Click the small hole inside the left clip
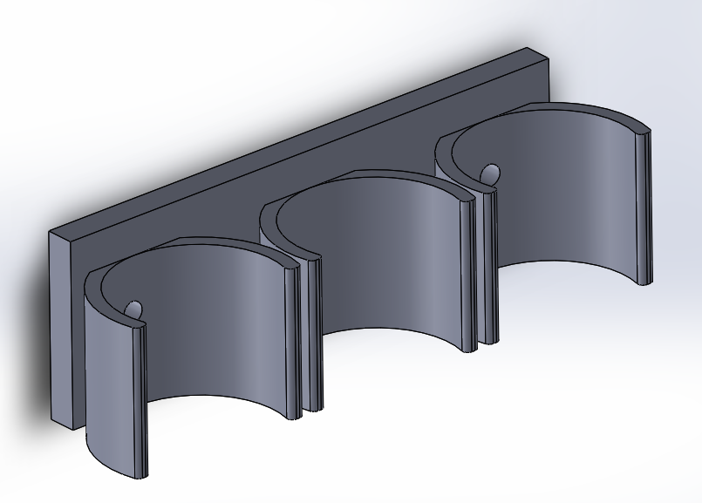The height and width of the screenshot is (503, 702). (x=134, y=309)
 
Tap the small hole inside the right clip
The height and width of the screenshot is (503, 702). (x=490, y=173)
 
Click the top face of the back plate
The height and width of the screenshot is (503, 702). (x=296, y=139)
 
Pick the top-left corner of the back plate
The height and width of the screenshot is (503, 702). (x=51, y=232)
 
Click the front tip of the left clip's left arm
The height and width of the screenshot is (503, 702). (x=140, y=401)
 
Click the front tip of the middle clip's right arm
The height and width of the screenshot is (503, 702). (x=467, y=279)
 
